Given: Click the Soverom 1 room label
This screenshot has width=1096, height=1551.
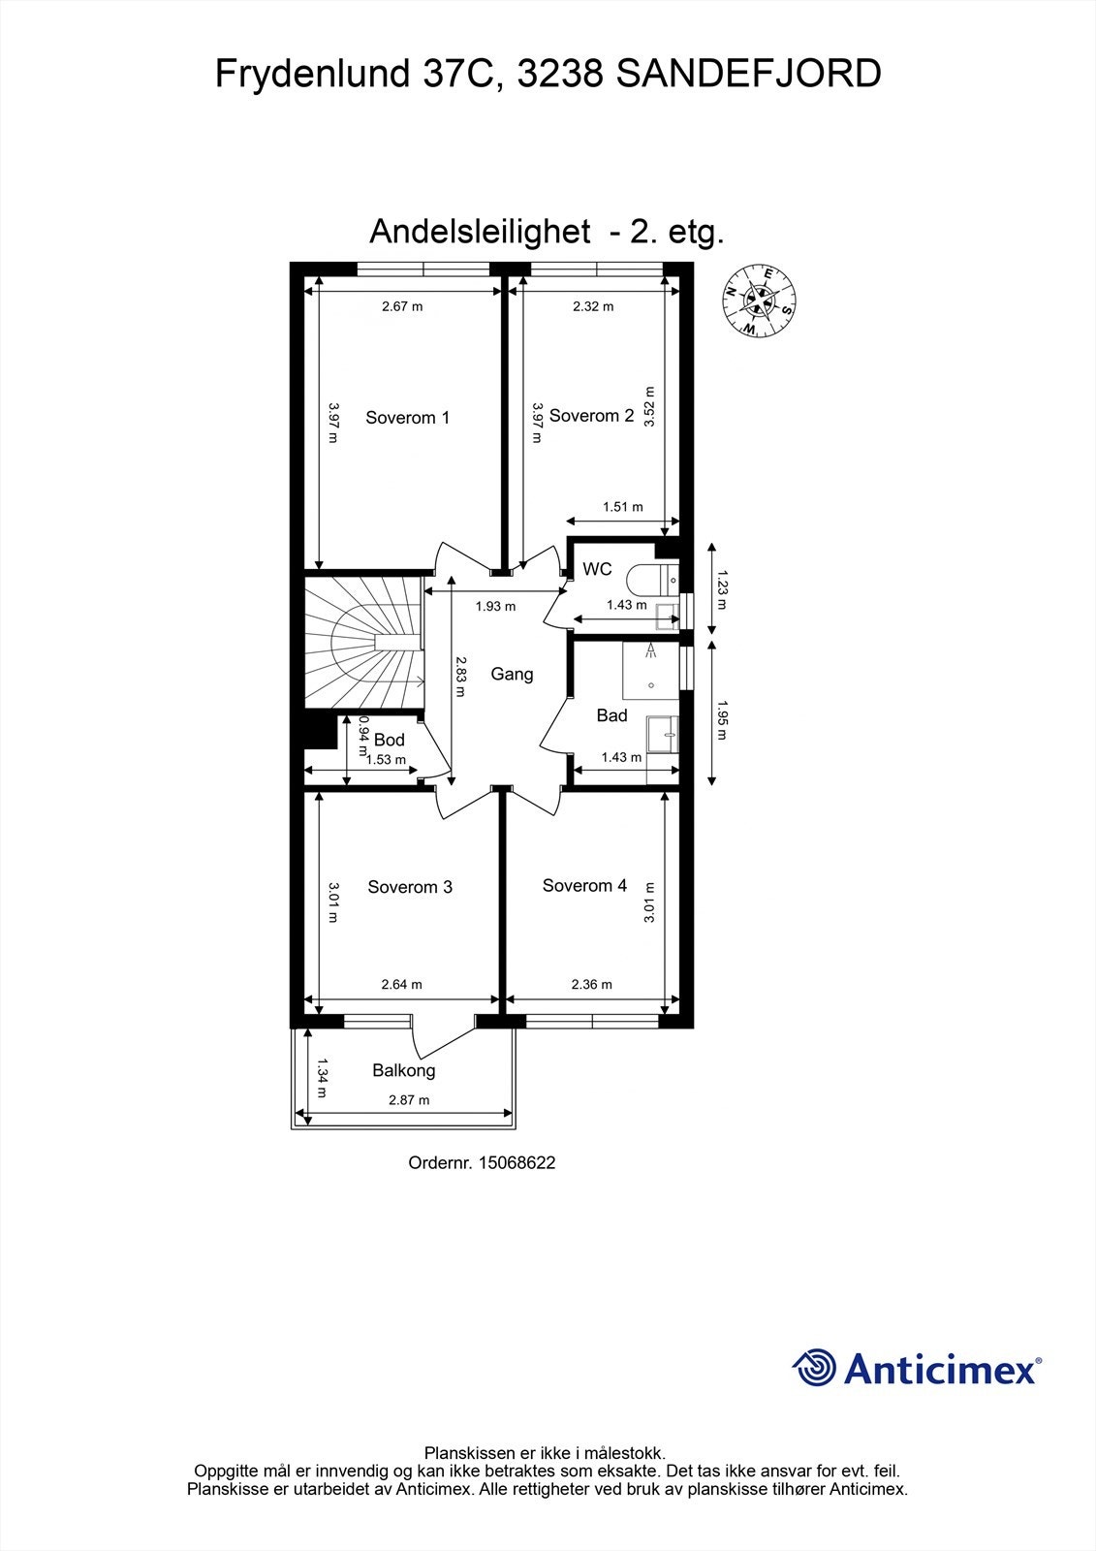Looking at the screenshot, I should [407, 418].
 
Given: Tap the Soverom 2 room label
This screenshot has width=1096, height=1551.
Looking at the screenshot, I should [591, 416].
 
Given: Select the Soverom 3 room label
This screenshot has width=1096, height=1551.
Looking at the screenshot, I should [410, 887].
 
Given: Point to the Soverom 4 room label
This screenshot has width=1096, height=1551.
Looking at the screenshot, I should [584, 885].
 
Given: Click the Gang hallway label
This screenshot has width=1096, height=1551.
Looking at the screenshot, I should [512, 674].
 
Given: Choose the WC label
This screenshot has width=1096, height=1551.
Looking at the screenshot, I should [597, 569].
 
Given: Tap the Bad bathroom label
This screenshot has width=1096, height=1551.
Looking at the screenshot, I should [611, 715].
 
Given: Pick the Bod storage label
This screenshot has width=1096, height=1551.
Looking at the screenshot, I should [390, 741].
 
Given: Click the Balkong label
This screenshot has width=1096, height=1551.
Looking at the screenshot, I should [404, 1070].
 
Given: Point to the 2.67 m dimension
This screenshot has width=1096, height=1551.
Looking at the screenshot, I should [402, 306].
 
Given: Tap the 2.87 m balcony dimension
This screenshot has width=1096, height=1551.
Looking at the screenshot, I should [409, 1099].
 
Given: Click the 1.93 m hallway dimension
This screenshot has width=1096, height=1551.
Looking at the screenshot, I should [495, 607].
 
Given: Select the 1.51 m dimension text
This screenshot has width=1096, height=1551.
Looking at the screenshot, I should [622, 506].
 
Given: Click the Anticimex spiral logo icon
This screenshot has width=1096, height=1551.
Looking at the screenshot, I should [814, 1368].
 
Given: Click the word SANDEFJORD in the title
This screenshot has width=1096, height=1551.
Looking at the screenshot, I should [748, 75].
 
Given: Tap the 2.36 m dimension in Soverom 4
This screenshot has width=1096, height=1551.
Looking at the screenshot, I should [592, 984].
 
